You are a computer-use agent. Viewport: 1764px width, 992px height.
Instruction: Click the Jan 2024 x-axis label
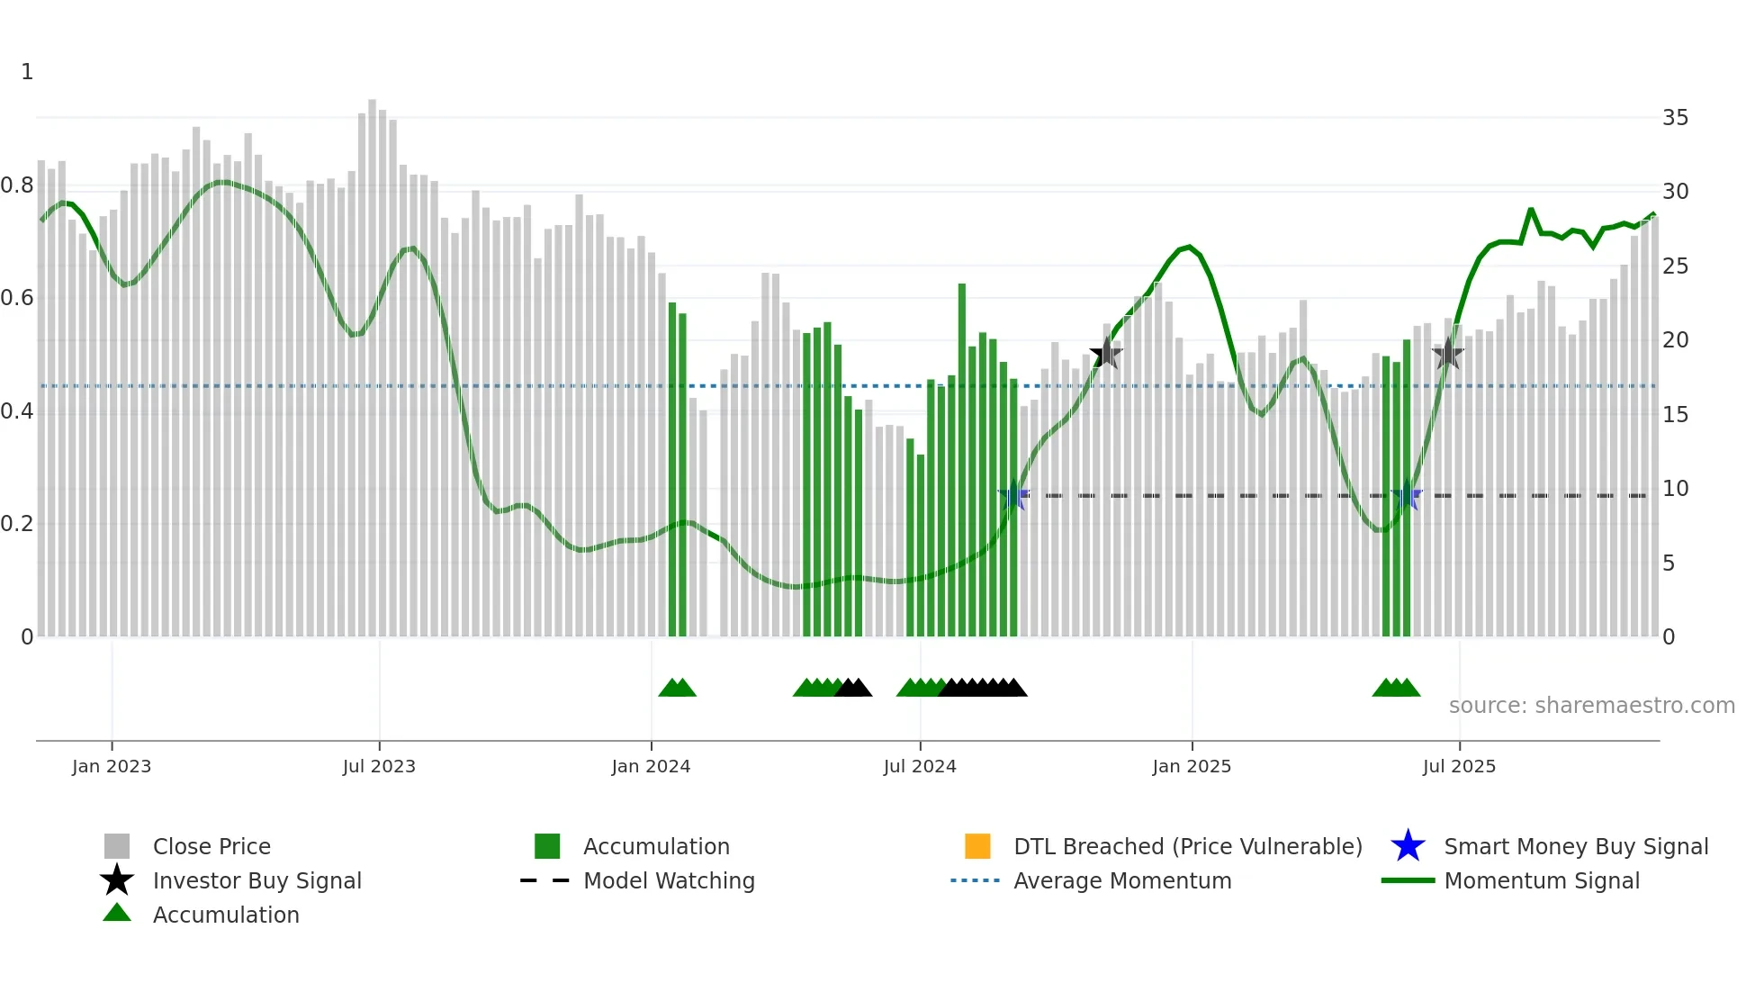pos(651,766)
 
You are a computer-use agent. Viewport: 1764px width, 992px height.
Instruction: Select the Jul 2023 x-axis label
pos(379,766)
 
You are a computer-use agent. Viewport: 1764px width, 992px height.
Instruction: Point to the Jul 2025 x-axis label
pos(1459,766)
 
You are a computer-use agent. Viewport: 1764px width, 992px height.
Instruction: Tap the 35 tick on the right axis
pos(1675,118)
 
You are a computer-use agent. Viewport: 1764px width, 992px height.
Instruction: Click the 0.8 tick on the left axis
pos(17,185)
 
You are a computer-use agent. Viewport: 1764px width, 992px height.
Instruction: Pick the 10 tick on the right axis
pos(1675,489)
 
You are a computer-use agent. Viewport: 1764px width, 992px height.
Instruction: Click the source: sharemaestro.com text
pos(1591,706)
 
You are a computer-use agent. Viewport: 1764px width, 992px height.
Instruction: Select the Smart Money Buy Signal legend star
pos(1408,846)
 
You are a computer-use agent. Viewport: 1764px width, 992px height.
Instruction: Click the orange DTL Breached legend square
pos(977,846)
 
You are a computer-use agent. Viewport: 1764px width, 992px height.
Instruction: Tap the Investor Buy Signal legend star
pos(117,880)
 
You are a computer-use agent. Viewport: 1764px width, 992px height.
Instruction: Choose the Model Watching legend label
pos(669,880)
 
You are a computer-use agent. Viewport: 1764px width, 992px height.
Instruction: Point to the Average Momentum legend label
pos(1122,880)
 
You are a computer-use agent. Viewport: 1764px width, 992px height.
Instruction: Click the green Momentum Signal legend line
pos(1408,880)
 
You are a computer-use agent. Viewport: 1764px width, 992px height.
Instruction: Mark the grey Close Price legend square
pos(117,846)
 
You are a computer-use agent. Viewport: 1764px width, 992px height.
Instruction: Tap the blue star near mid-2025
pos(1407,496)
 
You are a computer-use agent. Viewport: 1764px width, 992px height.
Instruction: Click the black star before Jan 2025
pos(1106,354)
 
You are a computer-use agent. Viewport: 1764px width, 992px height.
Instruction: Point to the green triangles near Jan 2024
pos(677,688)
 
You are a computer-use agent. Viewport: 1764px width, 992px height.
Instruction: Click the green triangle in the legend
pos(117,914)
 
